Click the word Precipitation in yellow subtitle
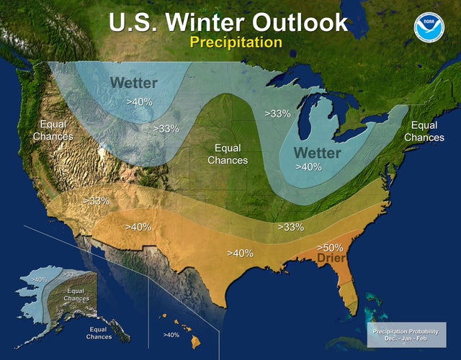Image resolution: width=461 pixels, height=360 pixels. tap(236, 42)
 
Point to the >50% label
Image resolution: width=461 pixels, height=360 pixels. tap(331, 247)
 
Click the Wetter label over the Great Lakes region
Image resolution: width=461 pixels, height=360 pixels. tap(317, 153)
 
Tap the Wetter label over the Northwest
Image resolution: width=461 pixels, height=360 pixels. tap(133, 83)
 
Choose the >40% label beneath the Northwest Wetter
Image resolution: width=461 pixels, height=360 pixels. tap(139, 102)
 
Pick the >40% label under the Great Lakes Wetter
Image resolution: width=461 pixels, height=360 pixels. tap(309, 166)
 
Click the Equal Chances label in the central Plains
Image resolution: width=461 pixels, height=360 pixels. tap(228, 153)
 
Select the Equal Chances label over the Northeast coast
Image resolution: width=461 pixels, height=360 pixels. tap(424, 131)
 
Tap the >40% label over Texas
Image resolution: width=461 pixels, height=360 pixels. tap(239, 253)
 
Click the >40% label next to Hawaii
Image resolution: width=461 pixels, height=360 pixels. tap(171, 335)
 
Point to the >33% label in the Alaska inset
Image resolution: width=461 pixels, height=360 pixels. tap(71, 274)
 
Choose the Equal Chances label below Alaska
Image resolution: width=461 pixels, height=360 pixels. tap(99, 333)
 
